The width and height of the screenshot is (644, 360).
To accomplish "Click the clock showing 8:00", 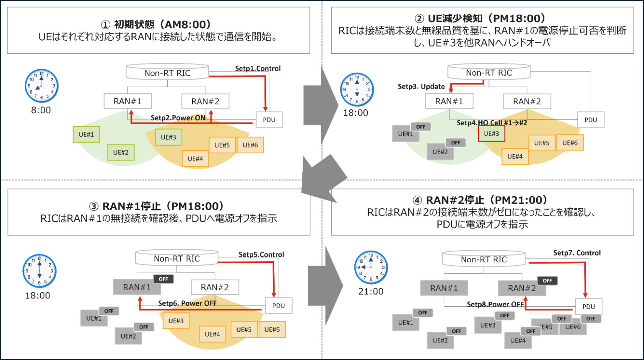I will coord(41,85).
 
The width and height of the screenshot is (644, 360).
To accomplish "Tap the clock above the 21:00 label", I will coord(371,267).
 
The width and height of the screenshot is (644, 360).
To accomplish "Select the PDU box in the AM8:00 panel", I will coord(269,120).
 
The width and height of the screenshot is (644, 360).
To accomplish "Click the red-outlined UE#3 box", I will coord(491,134).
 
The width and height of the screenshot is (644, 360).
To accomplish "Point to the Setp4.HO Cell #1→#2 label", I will coord(491,123).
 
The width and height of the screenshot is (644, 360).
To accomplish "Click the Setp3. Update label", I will coord(421,86).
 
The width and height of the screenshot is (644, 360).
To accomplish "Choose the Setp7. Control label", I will coord(576,253).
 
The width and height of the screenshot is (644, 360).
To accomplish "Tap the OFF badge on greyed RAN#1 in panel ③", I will coord(163,279).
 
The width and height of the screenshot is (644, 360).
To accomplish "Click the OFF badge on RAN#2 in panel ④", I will coord(547,280).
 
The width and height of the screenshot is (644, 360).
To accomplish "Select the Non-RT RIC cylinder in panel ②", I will coord(489,73).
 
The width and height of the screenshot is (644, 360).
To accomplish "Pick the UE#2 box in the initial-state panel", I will coord(121,153).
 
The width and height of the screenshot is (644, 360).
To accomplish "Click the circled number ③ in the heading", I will coord(93,207).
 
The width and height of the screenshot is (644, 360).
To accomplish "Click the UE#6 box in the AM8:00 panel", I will coord(250,145).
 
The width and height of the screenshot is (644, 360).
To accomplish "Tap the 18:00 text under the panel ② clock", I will coord(356,113).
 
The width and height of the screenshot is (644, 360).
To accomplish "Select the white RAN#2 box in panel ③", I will coord(215,287).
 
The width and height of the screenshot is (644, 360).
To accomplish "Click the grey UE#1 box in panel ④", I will coord(405,323).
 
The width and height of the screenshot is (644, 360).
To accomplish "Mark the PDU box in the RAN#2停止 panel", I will coord(589,306).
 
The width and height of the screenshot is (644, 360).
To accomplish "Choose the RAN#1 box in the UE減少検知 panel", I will coord(449,101).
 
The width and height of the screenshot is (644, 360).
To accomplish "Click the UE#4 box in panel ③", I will coord(212,334).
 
